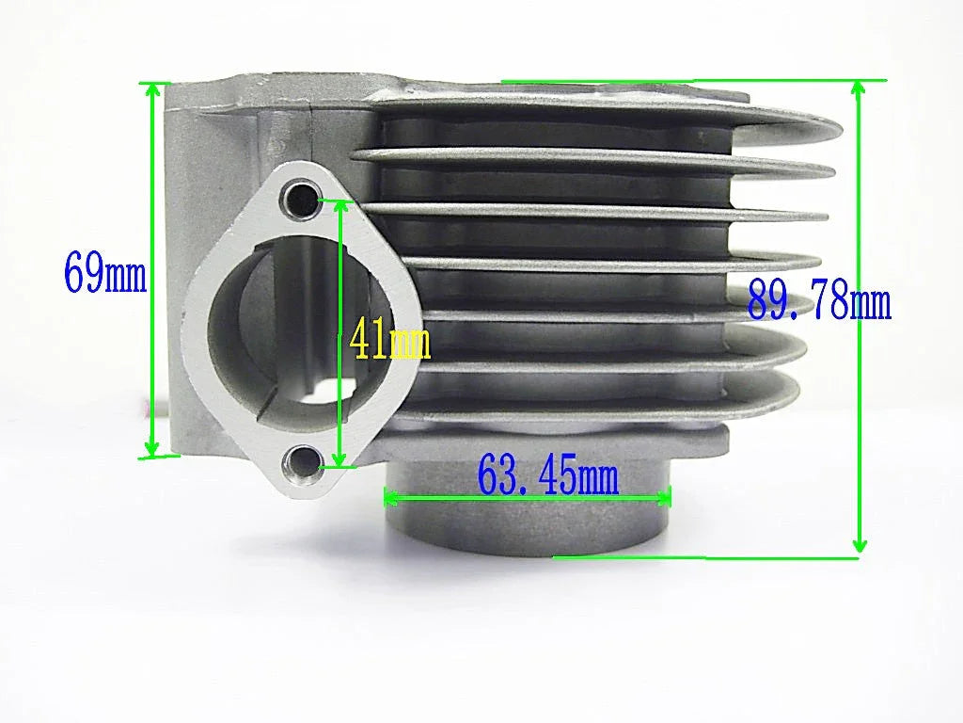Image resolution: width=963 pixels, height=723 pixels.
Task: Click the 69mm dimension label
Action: click(x=104, y=272)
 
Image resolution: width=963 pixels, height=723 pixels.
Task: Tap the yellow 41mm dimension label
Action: click(x=389, y=341)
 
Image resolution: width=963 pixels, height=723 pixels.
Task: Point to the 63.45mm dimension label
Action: click(x=548, y=475)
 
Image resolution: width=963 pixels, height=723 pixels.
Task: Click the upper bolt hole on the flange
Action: click(x=303, y=199)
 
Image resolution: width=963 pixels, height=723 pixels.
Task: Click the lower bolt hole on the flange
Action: click(x=303, y=461)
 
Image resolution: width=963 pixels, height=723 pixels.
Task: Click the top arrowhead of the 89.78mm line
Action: click(x=858, y=88)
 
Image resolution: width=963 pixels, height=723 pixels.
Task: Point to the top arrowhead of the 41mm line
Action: click(x=339, y=206)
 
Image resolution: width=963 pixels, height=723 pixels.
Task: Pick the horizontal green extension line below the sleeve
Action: click(x=705, y=557)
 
